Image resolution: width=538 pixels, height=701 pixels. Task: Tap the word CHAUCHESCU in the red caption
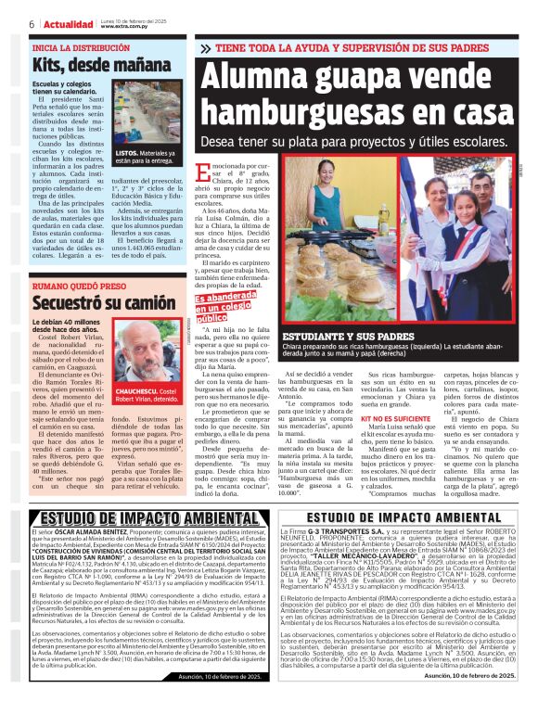[x=136, y=392]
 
